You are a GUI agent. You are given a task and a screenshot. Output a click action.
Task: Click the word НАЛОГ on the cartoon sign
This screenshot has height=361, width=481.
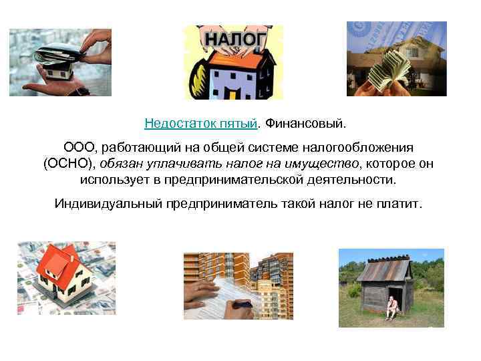tap(233, 39)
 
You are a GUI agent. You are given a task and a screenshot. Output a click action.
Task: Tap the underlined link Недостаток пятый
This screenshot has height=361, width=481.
tap(200, 124)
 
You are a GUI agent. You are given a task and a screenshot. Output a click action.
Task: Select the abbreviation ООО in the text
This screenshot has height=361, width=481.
tap(78, 147)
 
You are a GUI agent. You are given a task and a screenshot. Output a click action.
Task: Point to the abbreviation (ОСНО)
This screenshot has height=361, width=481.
tap(70, 164)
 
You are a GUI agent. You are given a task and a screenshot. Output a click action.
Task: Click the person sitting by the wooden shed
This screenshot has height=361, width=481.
tap(392, 308)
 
